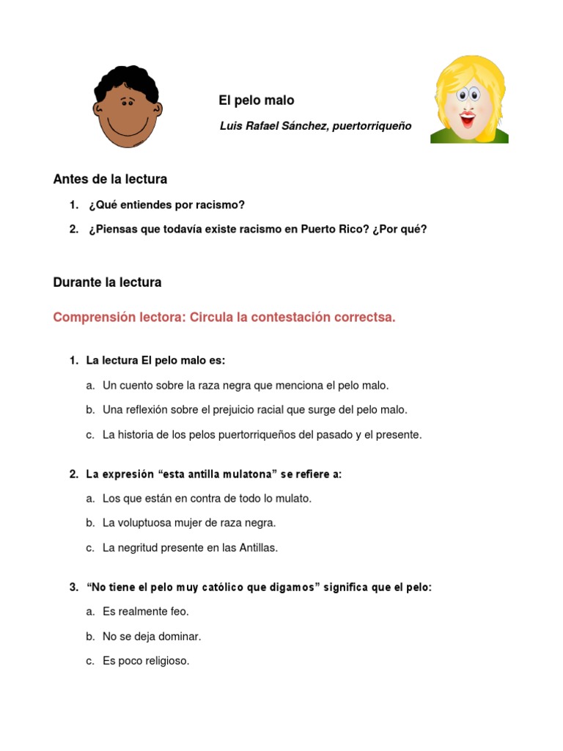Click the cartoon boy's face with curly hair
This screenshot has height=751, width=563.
point(128,110)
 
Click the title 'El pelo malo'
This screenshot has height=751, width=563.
point(256,100)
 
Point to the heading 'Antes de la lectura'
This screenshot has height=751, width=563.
point(110,179)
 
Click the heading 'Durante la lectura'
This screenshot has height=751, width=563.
point(107,282)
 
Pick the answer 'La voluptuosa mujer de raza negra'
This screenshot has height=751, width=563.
point(189,523)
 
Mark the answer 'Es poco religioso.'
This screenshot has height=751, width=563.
point(146,661)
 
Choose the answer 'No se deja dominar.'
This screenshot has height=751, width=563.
point(152,637)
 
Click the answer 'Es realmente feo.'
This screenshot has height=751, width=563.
point(145,612)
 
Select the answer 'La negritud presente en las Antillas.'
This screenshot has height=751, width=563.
point(190,548)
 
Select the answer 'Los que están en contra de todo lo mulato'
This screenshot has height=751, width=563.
point(207,499)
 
